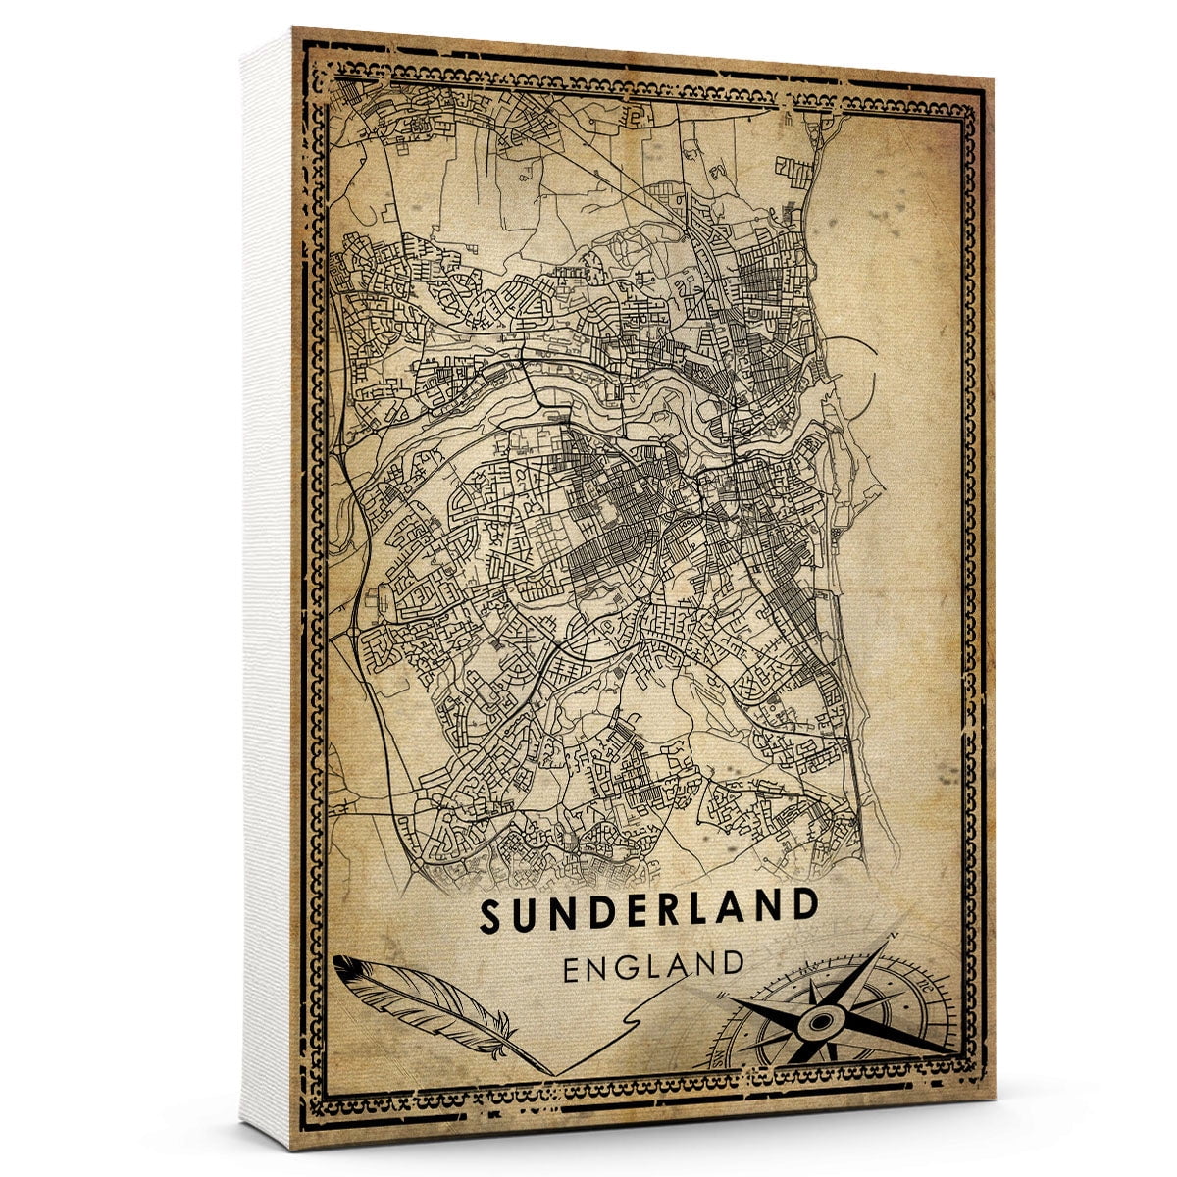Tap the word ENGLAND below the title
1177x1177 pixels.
point(653,966)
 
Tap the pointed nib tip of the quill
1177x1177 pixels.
point(549,1072)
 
